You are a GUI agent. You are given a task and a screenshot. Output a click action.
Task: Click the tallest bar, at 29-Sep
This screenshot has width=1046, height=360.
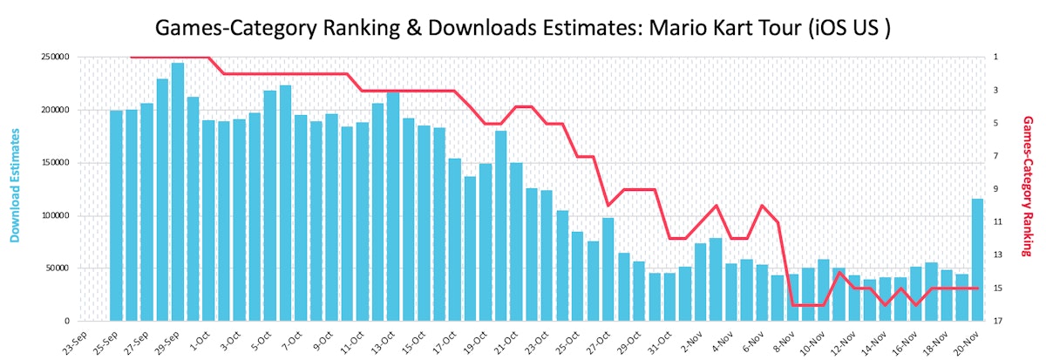point(178,192)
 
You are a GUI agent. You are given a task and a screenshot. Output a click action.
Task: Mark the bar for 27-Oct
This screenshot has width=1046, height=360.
point(608,269)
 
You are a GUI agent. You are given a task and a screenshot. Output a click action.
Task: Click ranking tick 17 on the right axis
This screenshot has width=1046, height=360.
point(996,321)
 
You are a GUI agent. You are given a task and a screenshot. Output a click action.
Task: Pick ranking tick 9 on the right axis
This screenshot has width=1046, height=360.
point(995,189)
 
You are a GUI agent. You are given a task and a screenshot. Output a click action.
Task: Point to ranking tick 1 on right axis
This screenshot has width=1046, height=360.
point(995,58)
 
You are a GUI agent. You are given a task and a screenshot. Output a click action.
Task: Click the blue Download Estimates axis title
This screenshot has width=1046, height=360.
point(15,185)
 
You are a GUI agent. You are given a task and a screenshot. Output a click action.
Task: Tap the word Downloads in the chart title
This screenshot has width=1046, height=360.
point(446,27)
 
